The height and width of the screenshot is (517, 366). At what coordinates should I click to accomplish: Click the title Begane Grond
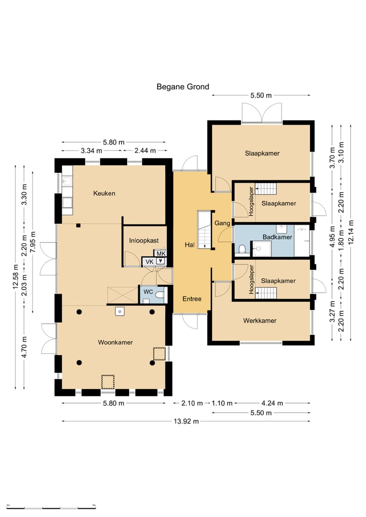click(182, 87)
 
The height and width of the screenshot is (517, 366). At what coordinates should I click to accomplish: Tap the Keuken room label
click(104, 193)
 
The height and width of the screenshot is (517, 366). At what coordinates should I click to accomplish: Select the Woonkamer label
click(115, 342)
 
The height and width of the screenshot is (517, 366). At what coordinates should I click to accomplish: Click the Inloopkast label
click(144, 240)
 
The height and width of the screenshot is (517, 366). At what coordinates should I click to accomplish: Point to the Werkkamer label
click(260, 320)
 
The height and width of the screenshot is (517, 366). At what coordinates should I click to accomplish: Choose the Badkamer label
click(278, 237)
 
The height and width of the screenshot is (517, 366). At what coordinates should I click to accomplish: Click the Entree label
click(192, 299)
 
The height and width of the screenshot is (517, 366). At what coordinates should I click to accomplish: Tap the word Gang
click(222, 223)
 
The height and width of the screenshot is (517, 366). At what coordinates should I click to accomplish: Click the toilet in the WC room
click(160, 294)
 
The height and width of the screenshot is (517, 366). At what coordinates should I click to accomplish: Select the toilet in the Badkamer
click(242, 249)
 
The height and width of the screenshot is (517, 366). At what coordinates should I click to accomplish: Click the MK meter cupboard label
click(161, 254)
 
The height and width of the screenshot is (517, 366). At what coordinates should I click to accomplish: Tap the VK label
click(149, 262)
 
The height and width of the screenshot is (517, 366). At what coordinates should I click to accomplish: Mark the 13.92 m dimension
click(186, 421)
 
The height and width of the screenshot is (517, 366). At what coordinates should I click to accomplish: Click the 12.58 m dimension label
click(15, 277)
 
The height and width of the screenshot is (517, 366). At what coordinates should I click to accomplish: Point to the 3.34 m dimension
click(91, 150)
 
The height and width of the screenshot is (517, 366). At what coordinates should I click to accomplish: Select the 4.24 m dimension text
click(272, 403)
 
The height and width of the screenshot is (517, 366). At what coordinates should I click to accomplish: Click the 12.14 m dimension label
click(351, 232)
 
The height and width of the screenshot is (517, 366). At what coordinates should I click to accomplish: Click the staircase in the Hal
click(204, 229)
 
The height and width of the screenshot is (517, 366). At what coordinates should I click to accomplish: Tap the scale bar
click(51, 507)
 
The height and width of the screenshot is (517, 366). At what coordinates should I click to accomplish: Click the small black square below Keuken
click(78, 226)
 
